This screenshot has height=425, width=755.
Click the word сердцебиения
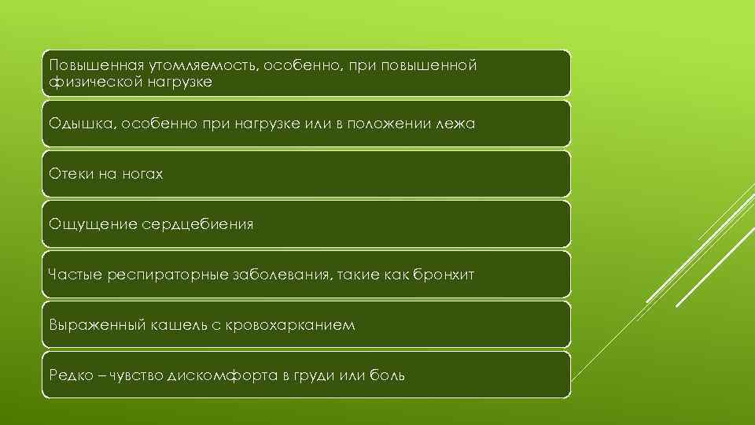197,224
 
